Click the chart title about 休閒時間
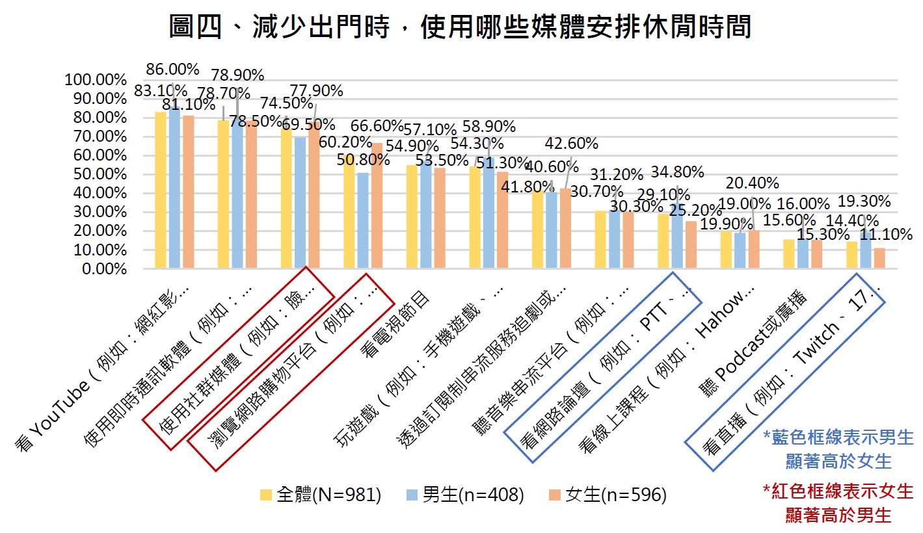pos(460,27)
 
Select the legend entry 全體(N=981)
pos(319,495)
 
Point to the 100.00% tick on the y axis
pos(95,80)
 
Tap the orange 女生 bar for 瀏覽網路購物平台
pos(376,205)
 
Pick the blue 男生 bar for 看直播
pos(865,250)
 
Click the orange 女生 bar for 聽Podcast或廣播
pos(816,254)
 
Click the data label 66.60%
pos(377,126)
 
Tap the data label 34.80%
pos(677,172)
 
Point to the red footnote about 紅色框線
pos(838,502)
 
